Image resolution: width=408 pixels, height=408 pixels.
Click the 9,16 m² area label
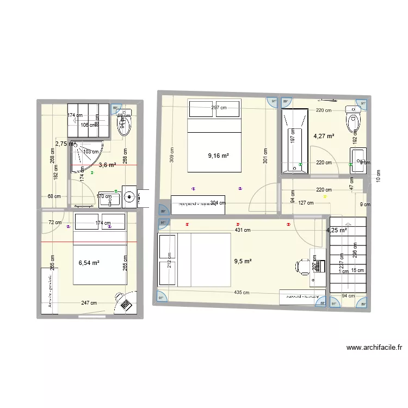[x=218, y=156]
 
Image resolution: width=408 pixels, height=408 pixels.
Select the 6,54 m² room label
[x=89, y=263]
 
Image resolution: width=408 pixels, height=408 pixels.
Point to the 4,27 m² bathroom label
[x=324, y=137]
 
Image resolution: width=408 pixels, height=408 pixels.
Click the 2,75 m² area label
[x=65, y=144]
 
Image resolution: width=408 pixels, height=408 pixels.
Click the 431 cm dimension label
[x=243, y=230]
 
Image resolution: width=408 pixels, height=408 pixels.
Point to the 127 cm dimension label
[x=306, y=203]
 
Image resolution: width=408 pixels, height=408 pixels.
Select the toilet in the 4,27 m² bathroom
[x=353, y=120]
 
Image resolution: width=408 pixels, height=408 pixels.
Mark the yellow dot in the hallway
[x=325, y=197]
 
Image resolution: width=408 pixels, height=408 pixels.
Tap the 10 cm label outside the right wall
[x=378, y=176]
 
